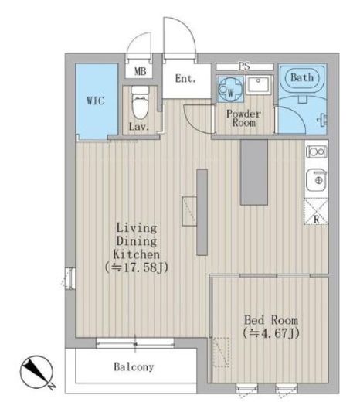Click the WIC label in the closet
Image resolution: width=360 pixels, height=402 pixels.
[x=96, y=100]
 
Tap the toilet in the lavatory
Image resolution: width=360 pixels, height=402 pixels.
[x=140, y=103]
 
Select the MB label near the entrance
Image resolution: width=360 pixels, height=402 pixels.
[x=141, y=71]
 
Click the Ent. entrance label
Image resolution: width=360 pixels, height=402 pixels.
[x=185, y=79]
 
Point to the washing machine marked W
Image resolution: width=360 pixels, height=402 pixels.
[x=230, y=89]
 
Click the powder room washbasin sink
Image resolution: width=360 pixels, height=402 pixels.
[x=258, y=84]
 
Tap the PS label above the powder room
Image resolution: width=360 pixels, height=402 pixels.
[x=244, y=66]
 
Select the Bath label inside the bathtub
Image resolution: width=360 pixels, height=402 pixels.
[x=302, y=77]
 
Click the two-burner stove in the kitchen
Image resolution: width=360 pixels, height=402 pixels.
[x=317, y=152]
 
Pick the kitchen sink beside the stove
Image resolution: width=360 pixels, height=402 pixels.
[x=317, y=180]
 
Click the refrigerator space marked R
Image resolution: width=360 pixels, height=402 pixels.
[x=316, y=211]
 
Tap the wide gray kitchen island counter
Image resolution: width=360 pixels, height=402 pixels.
[x=254, y=172]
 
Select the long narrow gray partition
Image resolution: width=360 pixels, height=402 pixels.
[x=202, y=212]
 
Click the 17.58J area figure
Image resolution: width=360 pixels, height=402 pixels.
[x=137, y=267]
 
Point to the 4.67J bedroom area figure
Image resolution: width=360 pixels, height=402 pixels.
[x=271, y=333]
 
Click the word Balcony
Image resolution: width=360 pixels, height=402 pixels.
[x=134, y=366]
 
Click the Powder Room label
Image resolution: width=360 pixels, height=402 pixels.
[x=243, y=118]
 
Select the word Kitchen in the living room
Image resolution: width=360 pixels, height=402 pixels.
[x=137, y=254]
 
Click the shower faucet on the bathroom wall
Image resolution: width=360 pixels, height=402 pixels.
[x=322, y=120]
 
